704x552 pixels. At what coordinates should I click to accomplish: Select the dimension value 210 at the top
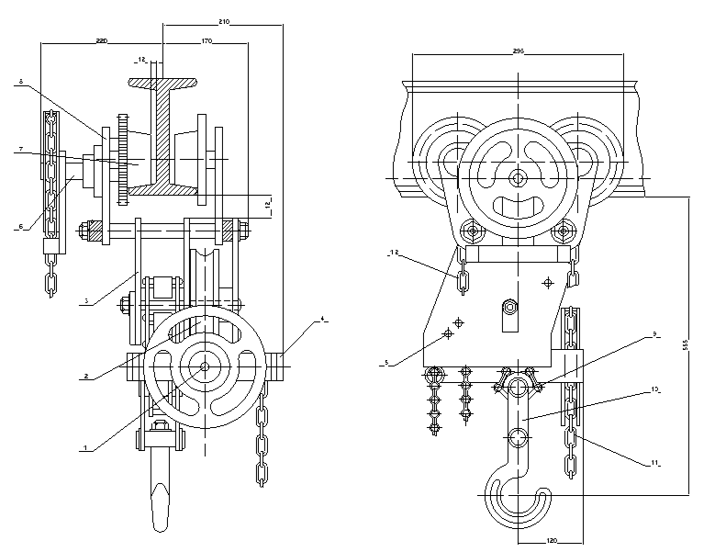click(x=223, y=19)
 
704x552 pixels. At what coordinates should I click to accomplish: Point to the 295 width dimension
click(x=519, y=52)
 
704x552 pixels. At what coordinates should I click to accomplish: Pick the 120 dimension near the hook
click(x=551, y=541)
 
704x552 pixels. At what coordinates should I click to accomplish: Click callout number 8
click(x=19, y=83)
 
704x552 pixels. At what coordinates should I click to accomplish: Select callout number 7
click(x=19, y=148)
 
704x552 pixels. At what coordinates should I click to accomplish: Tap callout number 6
click(x=19, y=226)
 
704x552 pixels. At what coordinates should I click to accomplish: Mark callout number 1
click(x=85, y=447)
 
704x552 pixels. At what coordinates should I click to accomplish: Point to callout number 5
click(x=386, y=364)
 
